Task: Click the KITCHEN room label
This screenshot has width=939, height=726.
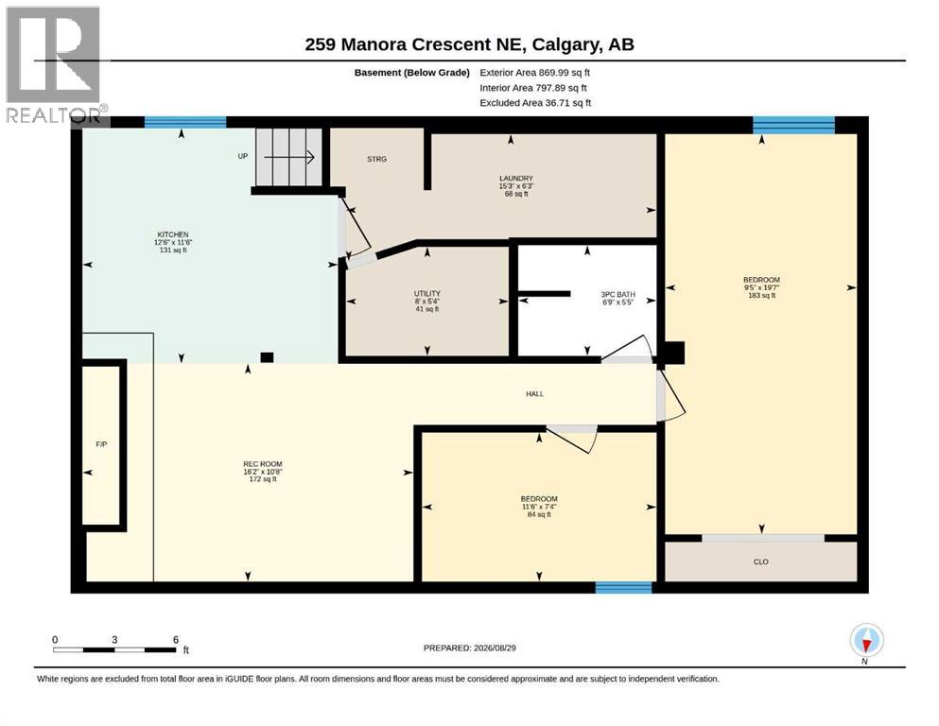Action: point(173,234)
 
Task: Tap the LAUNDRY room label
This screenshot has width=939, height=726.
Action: point(516,179)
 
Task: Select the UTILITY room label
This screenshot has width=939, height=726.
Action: point(427,293)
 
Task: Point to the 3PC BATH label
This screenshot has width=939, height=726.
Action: point(618,295)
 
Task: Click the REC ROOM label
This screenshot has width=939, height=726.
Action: point(262,464)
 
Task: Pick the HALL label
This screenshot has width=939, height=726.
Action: point(535,394)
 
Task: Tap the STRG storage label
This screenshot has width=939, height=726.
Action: point(376,159)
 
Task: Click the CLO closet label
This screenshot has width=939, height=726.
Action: point(760,562)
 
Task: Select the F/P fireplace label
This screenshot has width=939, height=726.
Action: point(101,444)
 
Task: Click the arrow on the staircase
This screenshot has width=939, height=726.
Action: point(289,158)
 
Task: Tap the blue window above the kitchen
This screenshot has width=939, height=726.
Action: point(185,122)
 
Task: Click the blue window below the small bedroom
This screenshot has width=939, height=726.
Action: point(623,587)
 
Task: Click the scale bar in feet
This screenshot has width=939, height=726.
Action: point(114,650)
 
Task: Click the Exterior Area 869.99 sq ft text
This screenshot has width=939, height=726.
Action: point(535,73)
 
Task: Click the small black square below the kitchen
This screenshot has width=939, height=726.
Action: point(267,357)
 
